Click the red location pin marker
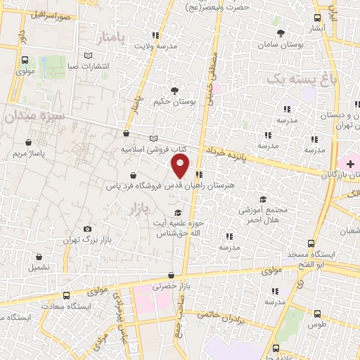181,166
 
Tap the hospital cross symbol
350,164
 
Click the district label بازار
140,208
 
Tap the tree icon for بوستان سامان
281,33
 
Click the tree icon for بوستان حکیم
174,90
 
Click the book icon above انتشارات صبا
87,54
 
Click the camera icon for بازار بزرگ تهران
87,229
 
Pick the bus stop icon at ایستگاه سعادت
66,295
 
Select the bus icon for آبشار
318,18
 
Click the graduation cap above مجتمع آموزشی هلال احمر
263,200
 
